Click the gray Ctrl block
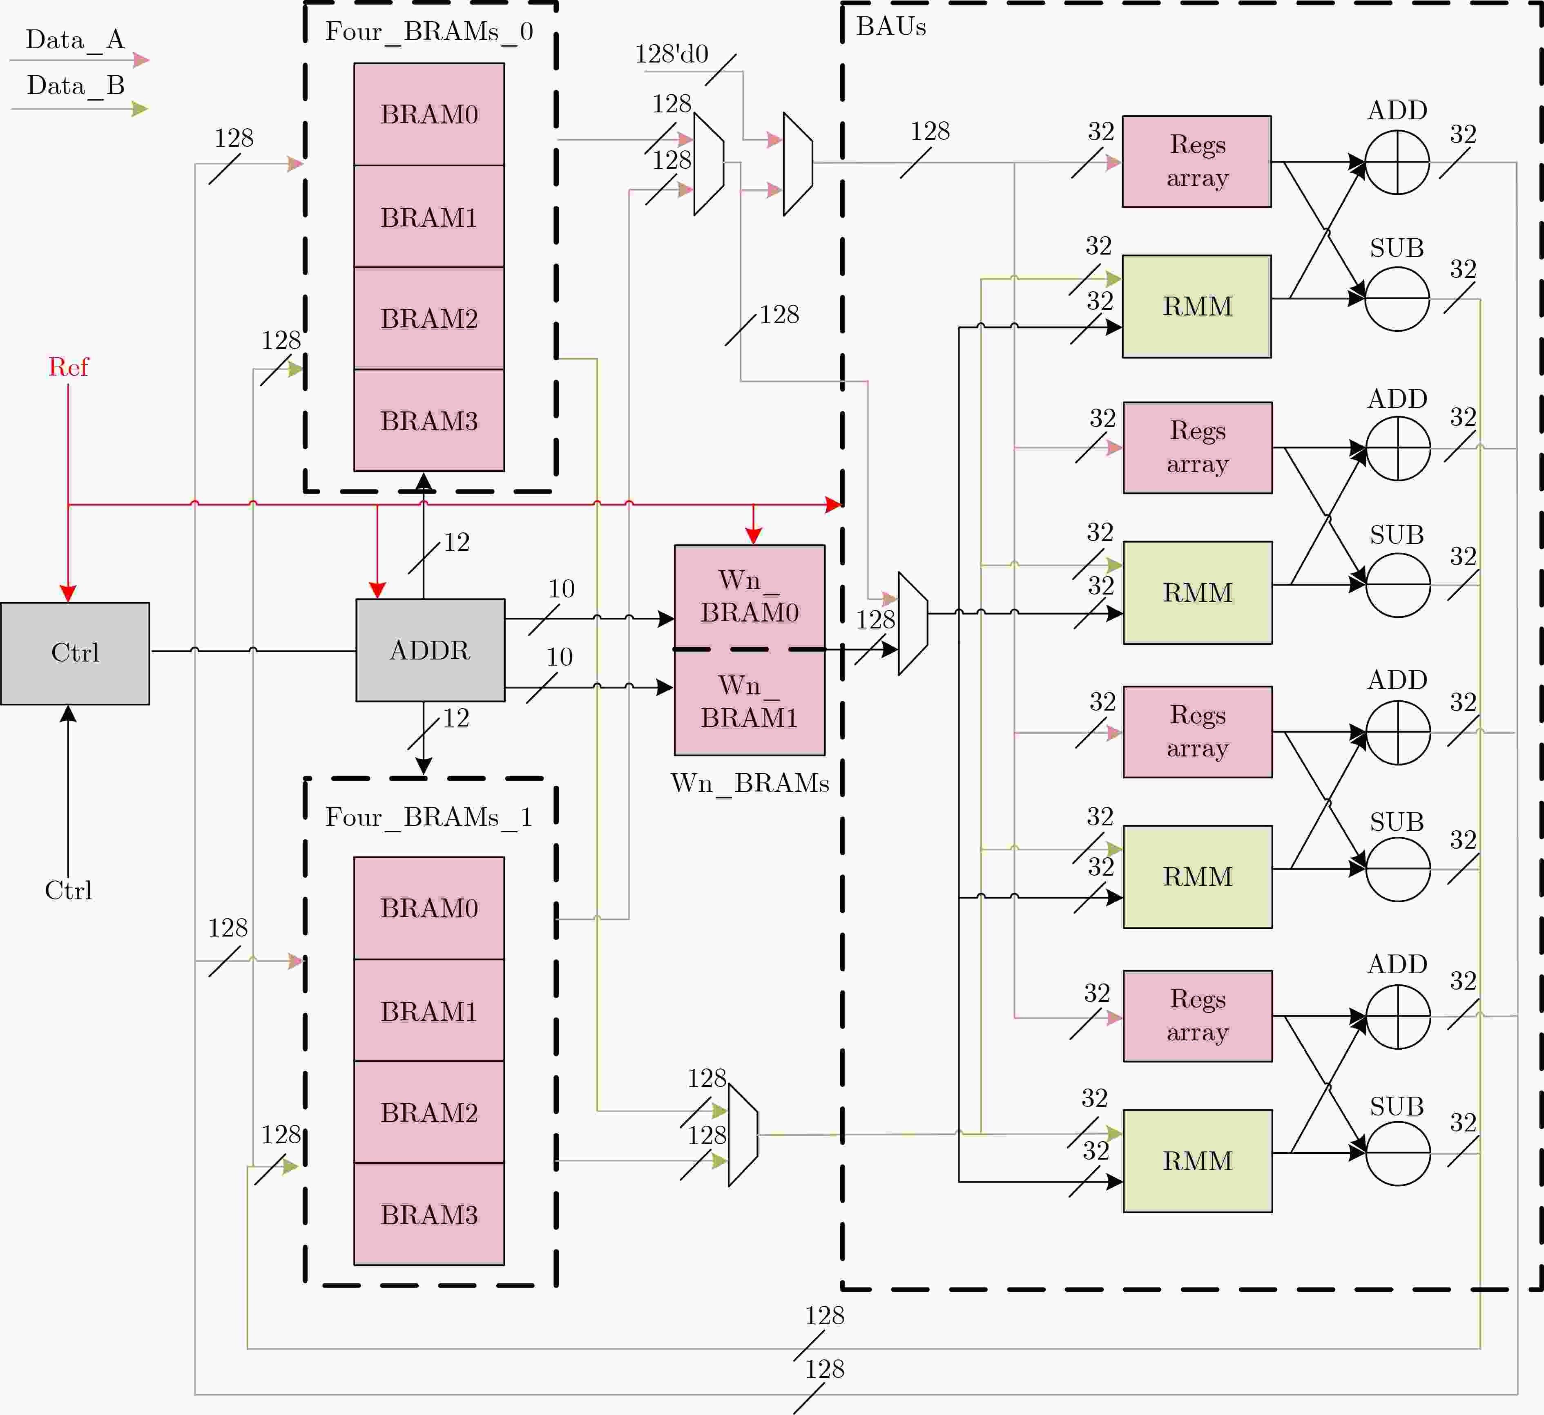75,653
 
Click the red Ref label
68,367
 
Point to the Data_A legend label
75,40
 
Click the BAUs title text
891,27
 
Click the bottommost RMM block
1198,1161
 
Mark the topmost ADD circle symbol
1397,162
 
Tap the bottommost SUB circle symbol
1398,1154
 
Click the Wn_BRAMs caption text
750,783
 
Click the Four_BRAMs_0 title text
429,31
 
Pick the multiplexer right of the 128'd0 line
798,164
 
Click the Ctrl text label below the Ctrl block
68,890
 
